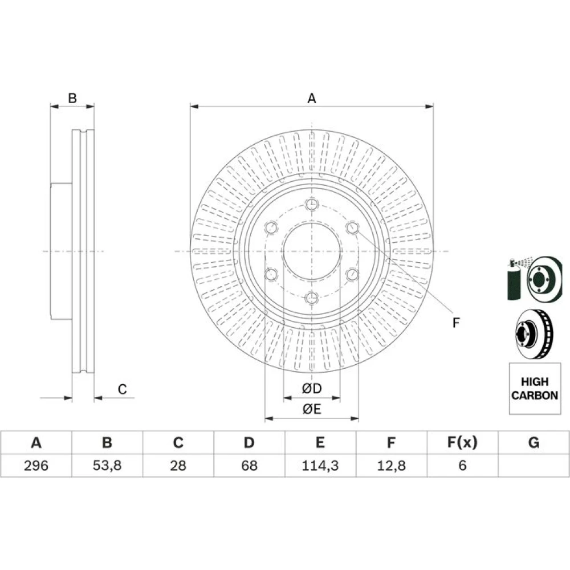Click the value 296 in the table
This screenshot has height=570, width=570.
click(36, 465)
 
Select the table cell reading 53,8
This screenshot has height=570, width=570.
click(107, 465)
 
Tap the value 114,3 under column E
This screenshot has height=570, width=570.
click(320, 465)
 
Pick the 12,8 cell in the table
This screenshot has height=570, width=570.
click(391, 465)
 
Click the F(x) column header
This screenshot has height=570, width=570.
click(462, 442)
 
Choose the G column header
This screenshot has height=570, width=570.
click(534, 442)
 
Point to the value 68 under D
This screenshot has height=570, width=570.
click(249, 465)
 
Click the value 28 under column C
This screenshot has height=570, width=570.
click(178, 465)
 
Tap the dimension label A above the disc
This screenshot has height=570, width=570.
click(312, 98)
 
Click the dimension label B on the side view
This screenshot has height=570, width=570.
click(72, 98)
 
